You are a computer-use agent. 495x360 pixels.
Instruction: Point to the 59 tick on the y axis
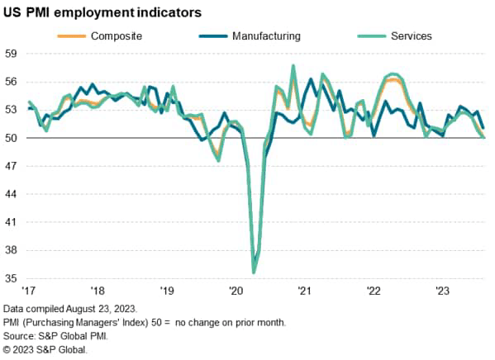[12, 54]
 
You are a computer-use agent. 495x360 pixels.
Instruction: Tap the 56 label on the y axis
[12, 82]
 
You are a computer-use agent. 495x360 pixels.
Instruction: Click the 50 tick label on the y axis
[12, 138]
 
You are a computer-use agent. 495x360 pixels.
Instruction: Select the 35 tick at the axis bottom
[12, 279]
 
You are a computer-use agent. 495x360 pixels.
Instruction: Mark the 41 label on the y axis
[12, 223]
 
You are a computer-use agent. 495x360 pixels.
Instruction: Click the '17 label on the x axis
[29, 291]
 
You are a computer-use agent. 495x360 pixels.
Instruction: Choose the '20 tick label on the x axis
[236, 291]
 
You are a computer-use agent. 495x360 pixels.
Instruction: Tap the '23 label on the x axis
[442, 291]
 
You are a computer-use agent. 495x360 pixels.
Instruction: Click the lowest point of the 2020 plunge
[254, 272]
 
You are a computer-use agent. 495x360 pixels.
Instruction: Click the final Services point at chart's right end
[483, 137]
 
